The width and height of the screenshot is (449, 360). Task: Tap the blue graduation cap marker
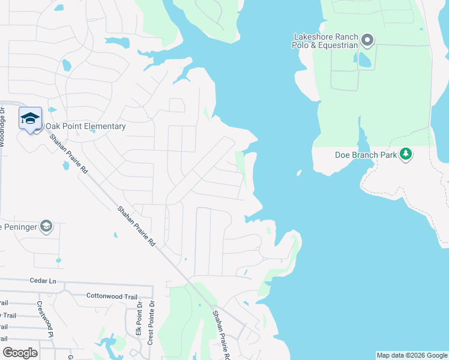click(x=30, y=118)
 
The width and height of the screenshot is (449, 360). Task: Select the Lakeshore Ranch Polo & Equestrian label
click(x=325, y=41)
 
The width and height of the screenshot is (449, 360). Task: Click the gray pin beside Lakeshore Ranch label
click(x=368, y=41)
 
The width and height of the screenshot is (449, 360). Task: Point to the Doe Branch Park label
click(x=366, y=154)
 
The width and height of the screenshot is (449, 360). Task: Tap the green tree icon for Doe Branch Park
click(x=406, y=154)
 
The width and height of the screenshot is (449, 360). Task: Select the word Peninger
click(x=19, y=227)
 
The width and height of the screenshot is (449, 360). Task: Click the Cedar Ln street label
click(x=43, y=280)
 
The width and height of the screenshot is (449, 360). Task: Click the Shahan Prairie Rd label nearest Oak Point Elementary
click(x=69, y=154)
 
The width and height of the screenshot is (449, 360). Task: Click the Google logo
click(x=20, y=352)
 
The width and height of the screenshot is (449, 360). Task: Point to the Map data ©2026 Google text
click(x=412, y=355)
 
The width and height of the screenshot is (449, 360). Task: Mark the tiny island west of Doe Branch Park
click(x=299, y=174)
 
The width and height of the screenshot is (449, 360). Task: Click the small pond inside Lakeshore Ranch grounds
click(x=364, y=59)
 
